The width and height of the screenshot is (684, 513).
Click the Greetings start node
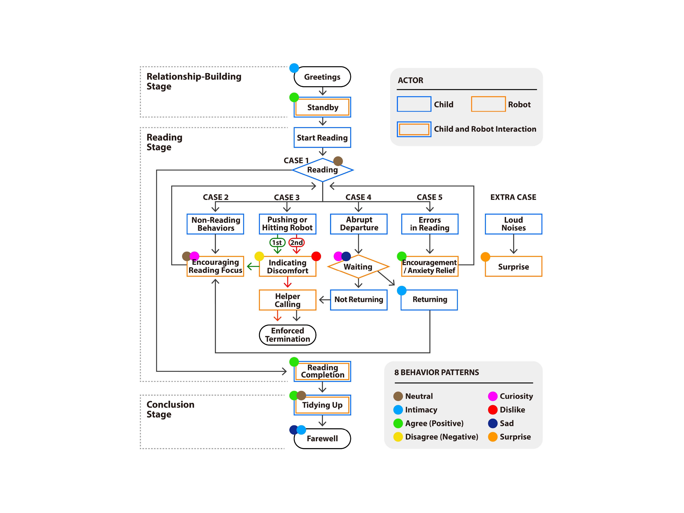click(x=322, y=77)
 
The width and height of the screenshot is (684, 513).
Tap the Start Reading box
click(x=322, y=138)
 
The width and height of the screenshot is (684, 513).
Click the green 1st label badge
click(x=277, y=242)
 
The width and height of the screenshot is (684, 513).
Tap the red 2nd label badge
click(x=297, y=242)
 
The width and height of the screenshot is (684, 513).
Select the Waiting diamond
click(x=358, y=267)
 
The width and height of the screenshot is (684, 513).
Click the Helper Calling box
click(x=287, y=300)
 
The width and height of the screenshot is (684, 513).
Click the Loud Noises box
click(x=513, y=224)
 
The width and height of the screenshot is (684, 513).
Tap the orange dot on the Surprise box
click(x=485, y=257)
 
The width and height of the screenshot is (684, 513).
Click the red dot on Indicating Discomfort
click(x=316, y=256)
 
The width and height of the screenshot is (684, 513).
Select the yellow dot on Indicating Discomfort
click(x=259, y=256)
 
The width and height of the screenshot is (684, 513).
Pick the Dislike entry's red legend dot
click(x=493, y=410)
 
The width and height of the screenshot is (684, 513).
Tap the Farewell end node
click(x=322, y=438)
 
